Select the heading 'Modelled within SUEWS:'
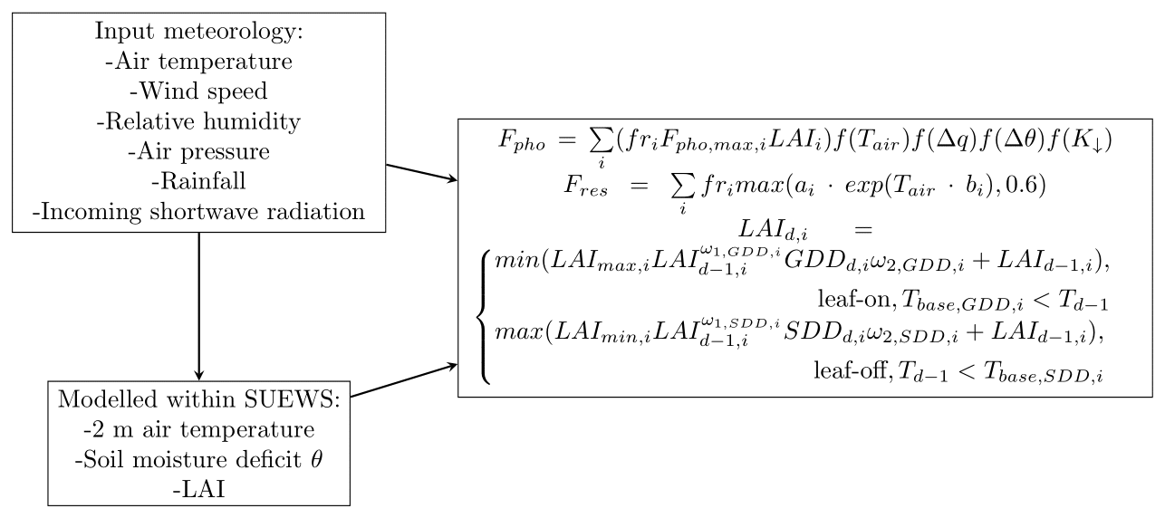point(198,399)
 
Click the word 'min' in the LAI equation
point(509,263)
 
